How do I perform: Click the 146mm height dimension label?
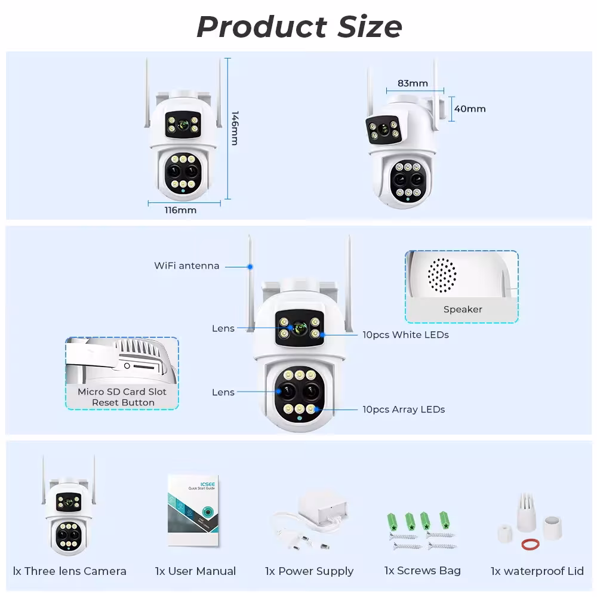235,128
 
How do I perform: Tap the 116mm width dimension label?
180,210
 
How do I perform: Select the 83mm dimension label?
413,83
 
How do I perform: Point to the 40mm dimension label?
470,109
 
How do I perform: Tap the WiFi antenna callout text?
186,266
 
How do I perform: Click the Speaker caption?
463,309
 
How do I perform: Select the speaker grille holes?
442,275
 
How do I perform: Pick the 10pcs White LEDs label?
405,335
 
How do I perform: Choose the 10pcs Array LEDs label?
404,410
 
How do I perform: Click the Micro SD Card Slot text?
122,392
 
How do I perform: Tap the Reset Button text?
123,402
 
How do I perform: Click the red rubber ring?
530,544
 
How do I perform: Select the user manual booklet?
193,510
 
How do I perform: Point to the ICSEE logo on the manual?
208,484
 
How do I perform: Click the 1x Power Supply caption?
309,571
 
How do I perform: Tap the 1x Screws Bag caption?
422,571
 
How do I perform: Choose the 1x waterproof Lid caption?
537,571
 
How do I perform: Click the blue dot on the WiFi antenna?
250,267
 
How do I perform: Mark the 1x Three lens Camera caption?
70,571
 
